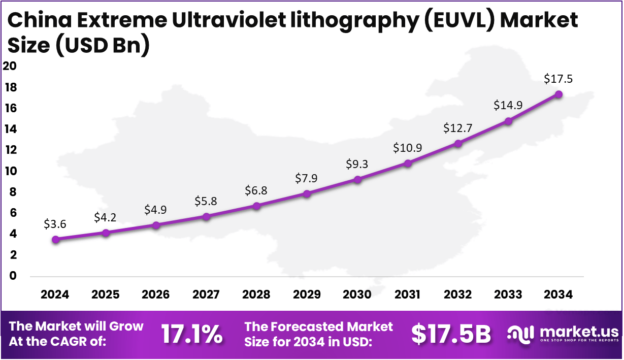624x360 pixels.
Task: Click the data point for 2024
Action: click(x=55, y=239)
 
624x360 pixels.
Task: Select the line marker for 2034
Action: click(x=559, y=94)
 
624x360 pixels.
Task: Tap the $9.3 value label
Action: click(x=357, y=163)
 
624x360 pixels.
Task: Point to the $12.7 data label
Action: click(x=458, y=128)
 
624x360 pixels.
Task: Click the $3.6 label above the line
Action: click(x=55, y=224)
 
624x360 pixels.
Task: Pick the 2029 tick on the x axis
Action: click(x=307, y=294)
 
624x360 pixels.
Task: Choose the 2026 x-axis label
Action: click(x=156, y=294)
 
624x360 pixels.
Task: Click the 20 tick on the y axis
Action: click(x=10, y=66)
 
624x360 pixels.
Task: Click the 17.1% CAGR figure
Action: click(x=191, y=334)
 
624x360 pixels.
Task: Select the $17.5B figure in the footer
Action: click(x=451, y=334)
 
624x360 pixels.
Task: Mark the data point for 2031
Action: click(x=408, y=163)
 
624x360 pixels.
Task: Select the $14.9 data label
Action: click(x=508, y=106)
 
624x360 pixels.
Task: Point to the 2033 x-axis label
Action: click(x=508, y=294)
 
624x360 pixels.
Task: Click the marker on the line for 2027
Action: click(x=206, y=216)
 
